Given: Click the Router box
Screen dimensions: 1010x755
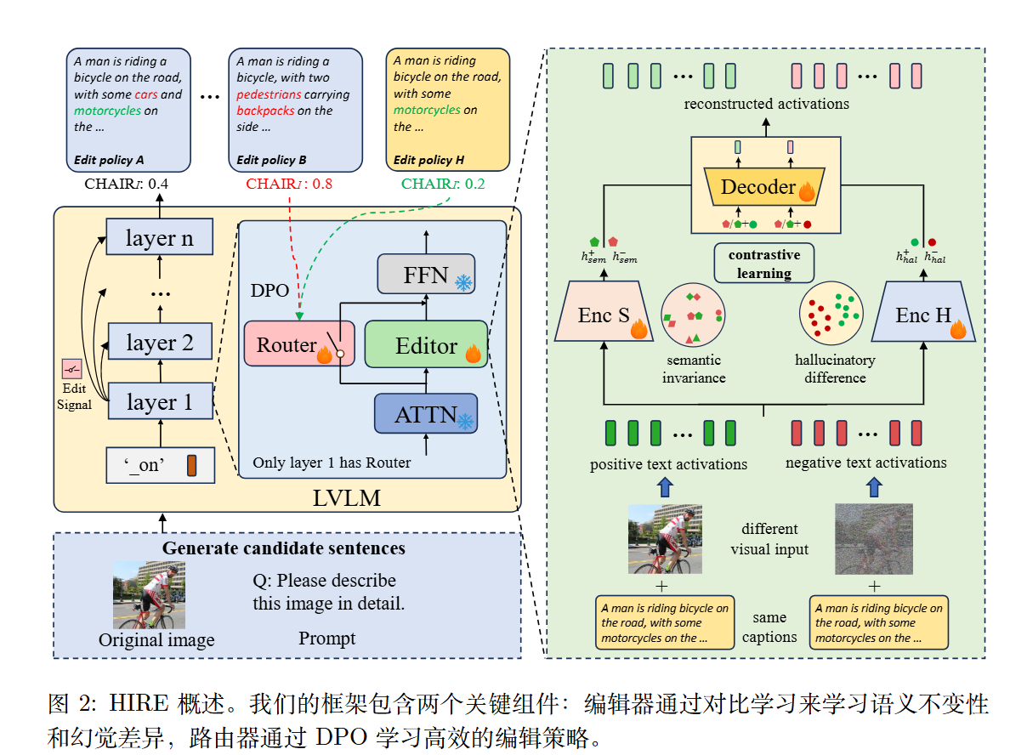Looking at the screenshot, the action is click(x=299, y=344).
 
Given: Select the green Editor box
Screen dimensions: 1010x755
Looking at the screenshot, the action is click(x=426, y=344).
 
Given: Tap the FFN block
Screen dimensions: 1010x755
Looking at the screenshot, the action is click(x=426, y=275).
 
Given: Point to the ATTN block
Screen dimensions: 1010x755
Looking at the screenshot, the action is click(x=426, y=413).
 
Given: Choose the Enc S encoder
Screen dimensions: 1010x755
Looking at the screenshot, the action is click(x=604, y=311).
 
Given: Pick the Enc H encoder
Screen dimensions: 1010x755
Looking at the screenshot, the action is click(x=923, y=312).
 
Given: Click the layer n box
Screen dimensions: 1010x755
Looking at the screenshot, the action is click(x=160, y=237).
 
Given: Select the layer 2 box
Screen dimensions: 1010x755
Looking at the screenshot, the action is click(x=160, y=342).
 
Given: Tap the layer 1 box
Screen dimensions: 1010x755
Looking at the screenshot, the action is click(x=160, y=401).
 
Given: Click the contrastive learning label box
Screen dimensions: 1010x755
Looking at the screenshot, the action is click(x=764, y=263).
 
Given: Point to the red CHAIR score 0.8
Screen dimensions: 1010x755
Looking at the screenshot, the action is click(x=289, y=184).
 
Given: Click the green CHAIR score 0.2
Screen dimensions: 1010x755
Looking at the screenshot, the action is click(x=443, y=184).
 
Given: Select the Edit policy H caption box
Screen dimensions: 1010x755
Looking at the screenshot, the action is click(x=448, y=111).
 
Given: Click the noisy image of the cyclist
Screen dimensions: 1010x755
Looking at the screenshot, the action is click(x=873, y=539).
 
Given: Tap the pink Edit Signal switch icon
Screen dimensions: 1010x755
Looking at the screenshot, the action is click(x=71, y=369).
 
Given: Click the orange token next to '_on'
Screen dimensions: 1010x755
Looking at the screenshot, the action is click(x=191, y=465).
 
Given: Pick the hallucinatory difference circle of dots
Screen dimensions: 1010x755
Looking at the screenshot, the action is click(x=831, y=313).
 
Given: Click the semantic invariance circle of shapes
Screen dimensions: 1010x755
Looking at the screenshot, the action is click(x=693, y=315).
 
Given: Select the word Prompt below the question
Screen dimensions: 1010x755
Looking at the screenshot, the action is click(x=326, y=639).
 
